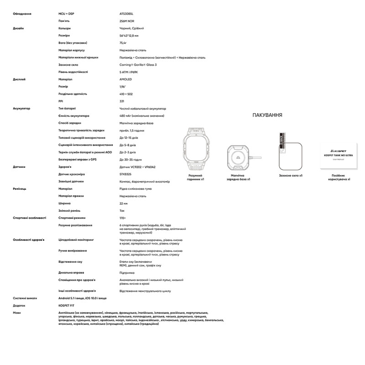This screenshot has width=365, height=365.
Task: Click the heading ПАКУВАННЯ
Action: [x=267, y=115]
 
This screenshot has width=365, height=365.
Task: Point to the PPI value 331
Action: [x=122, y=101]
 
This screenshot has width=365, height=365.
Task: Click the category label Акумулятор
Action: [x=21, y=109]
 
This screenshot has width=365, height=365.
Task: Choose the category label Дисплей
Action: [x=19, y=79]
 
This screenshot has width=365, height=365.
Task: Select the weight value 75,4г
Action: [x=123, y=43]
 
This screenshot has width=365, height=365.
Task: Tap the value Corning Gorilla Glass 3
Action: [x=138, y=65]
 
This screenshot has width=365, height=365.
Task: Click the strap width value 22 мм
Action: [x=124, y=203]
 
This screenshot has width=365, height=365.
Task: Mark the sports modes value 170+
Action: [x=122, y=218]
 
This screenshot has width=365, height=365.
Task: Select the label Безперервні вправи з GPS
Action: [x=78, y=160]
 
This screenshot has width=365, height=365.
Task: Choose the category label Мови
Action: [x=17, y=313]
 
